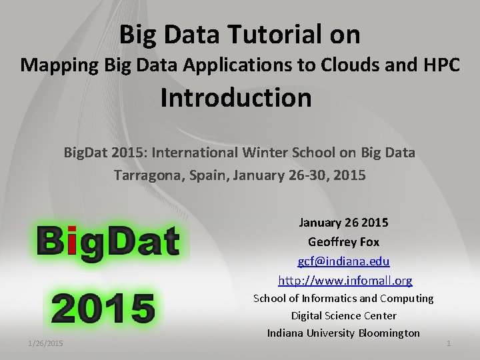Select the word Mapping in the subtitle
(59, 65)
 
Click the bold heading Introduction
(236, 98)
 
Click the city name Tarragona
(145, 176)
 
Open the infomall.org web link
(345, 280)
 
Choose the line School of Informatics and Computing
(343, 298)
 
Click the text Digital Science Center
(343, 315)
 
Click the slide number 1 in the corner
(448, 343)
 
